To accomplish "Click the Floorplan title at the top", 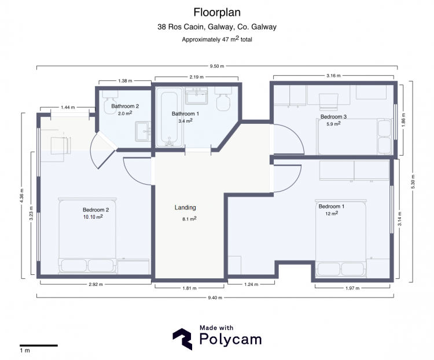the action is point(217,13).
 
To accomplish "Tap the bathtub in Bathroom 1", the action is point(170,117).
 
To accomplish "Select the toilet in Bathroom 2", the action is point(110,102).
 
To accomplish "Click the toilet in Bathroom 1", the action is point(223,98).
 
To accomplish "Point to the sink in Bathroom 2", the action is point(143,131).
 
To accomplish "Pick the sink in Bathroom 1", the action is point(197,96).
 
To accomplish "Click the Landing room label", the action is point(185,207).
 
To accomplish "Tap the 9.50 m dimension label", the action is point(217,66).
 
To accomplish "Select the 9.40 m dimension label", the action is point(215,297).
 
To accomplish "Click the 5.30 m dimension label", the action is point(413,182).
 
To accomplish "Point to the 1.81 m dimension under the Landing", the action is point(190,288).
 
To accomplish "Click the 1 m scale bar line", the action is point(38,346).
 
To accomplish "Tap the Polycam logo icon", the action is point(182,339).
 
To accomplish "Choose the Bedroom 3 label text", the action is point(333,116).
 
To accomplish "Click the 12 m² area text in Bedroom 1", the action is point(332,214).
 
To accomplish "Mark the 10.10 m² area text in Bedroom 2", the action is point(93,217).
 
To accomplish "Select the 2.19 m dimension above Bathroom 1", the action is point(197,77).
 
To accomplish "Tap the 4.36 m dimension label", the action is point(22,196).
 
